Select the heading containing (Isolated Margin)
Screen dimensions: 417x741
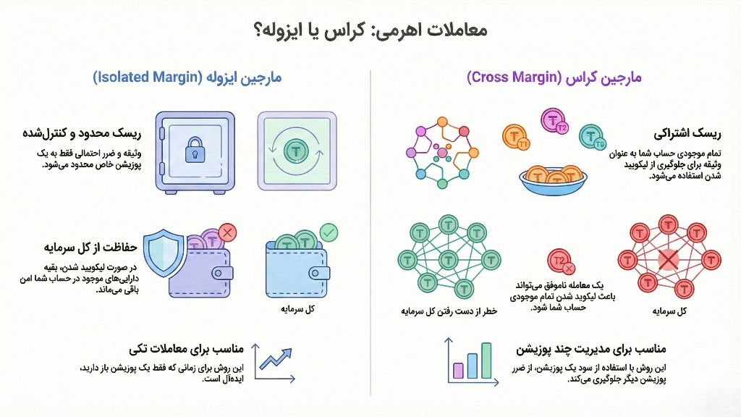187,77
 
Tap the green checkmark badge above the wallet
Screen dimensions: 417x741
329,232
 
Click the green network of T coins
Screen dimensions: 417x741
441,258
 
